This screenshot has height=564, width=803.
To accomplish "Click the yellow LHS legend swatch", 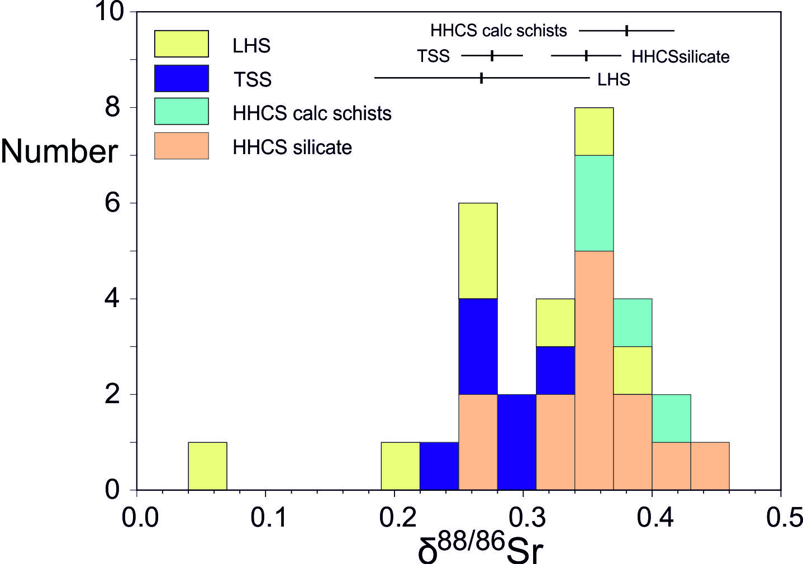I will point(181,44).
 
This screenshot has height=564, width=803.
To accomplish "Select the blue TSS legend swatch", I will point(181,78).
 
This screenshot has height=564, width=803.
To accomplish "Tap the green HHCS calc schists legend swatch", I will point(181,112).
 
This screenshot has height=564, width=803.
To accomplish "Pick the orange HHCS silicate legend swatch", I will point(181,146).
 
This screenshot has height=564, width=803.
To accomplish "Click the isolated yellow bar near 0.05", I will point(207,466).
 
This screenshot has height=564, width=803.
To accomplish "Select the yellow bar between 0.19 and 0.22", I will point(400,466).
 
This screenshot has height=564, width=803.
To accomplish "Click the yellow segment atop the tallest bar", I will point(594,131).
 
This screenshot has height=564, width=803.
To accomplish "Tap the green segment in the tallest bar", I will point(594,203).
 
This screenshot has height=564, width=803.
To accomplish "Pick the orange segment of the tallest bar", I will point(594,370).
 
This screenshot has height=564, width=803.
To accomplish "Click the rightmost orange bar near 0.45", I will point(710,466).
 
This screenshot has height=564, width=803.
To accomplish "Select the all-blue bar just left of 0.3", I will point(516,442).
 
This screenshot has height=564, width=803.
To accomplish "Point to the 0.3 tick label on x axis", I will point(522,518).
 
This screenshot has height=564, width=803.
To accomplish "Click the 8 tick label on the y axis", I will point(112,107).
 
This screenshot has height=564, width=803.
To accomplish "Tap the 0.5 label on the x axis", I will point(780,518).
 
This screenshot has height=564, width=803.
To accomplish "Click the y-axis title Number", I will point(59,151).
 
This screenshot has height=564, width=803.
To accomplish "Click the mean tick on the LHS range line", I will point(481,78).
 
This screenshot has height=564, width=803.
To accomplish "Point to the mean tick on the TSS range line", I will point(492,56).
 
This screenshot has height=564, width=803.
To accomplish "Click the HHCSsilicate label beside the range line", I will point(680,56).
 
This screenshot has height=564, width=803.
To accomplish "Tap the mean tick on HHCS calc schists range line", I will point(627,31).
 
